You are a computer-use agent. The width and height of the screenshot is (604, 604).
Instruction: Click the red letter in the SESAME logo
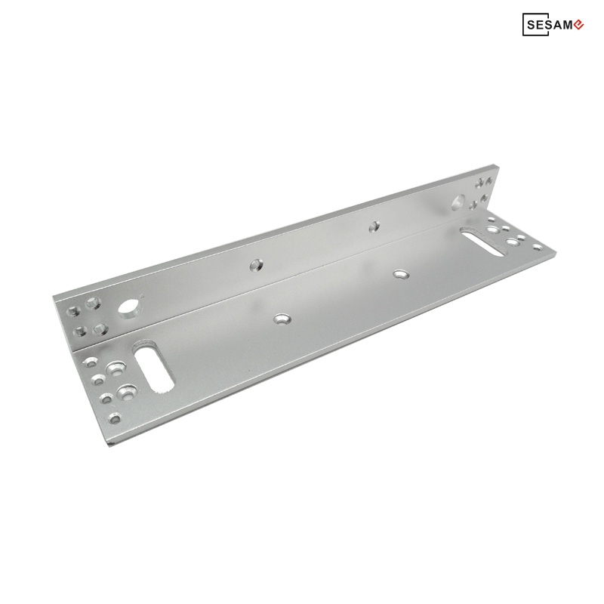(x=578, y=25)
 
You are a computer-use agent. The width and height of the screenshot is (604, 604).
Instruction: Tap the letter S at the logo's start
(x=531, y=25)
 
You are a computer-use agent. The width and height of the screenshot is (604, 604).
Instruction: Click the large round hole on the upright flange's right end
(x=458, y=202)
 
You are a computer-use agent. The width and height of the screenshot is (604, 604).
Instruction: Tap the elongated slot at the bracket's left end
(x=153, y=367)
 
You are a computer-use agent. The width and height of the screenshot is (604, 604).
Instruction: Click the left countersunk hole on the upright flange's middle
(x=256, y=265)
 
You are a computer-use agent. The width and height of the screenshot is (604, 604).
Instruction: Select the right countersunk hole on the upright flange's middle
(x=374, y=226)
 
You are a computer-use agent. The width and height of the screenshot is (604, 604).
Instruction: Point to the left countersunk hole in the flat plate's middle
(x=282, y=319)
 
